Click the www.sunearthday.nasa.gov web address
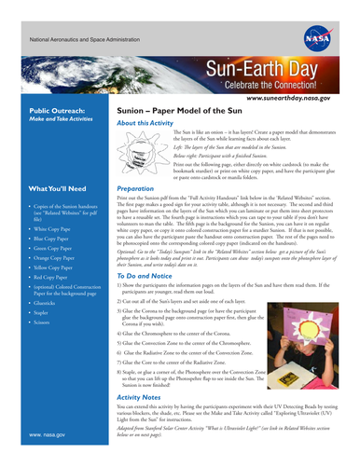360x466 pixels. point(307,96)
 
